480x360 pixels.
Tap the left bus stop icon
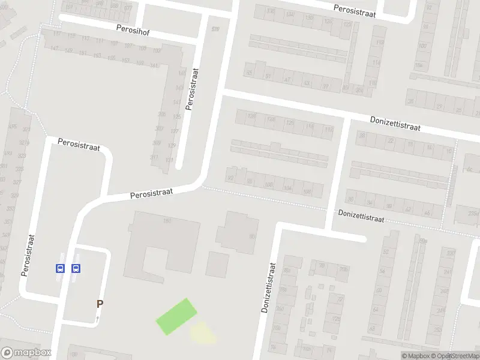point(60,268)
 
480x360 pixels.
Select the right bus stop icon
point(76,268)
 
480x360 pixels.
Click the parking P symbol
point(100,304)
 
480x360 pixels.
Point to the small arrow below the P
point(97,319)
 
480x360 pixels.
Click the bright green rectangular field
point(176,316)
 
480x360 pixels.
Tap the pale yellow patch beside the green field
point(203,333)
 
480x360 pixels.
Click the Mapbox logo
point(25,353)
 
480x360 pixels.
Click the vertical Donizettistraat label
point(268,288)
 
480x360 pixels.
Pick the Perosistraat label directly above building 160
point(151,193)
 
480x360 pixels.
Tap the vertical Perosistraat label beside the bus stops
point(27,255)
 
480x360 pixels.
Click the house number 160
point(167,221)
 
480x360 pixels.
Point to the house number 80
point(251,236)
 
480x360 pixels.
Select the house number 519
point(215,29)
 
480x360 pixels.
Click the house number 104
point(287,188)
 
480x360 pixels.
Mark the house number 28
point(361,136)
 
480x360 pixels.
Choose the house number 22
point(391,141)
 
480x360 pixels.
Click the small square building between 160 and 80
point(217,264)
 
